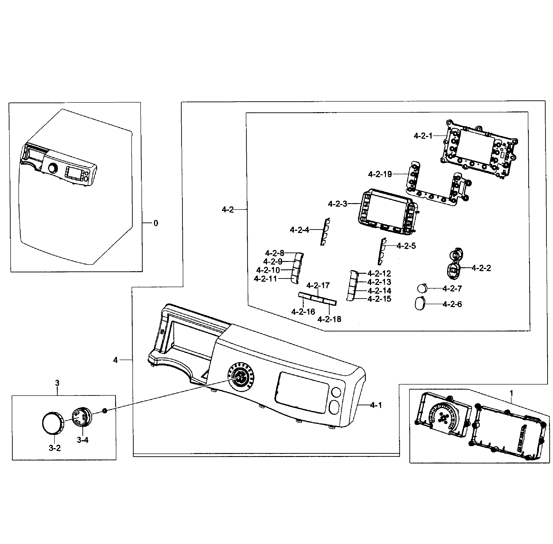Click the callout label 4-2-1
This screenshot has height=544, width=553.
click(x=423, y=136)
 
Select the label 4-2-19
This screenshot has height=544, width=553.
click(x=380, y=174)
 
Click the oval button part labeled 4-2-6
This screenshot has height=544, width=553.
click(x=420, y=304)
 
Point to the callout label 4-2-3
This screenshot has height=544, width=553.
click(x=337, y=204)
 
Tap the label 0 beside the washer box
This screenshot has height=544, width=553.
click(x=156, y=223)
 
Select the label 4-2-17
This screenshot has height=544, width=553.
click(x=318, y=285)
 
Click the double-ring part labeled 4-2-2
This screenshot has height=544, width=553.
click(x=454, y=263)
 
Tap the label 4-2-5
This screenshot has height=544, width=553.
click(x=406, y=246)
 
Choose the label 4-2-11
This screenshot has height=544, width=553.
click(x=265, y=279)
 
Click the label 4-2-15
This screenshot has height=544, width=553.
click(x=379, y=299)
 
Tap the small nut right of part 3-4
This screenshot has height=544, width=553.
click(x=105, y=411)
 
